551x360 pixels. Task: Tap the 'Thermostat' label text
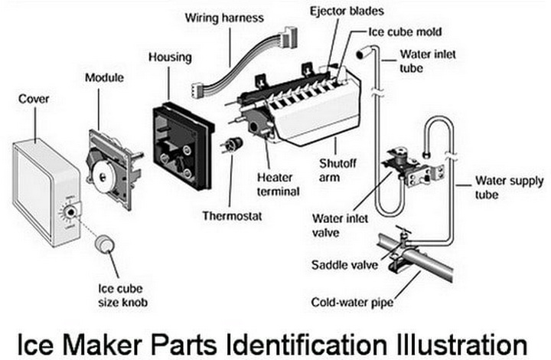tap(232, 216)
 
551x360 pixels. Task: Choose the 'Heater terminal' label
tap(279, 184)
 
